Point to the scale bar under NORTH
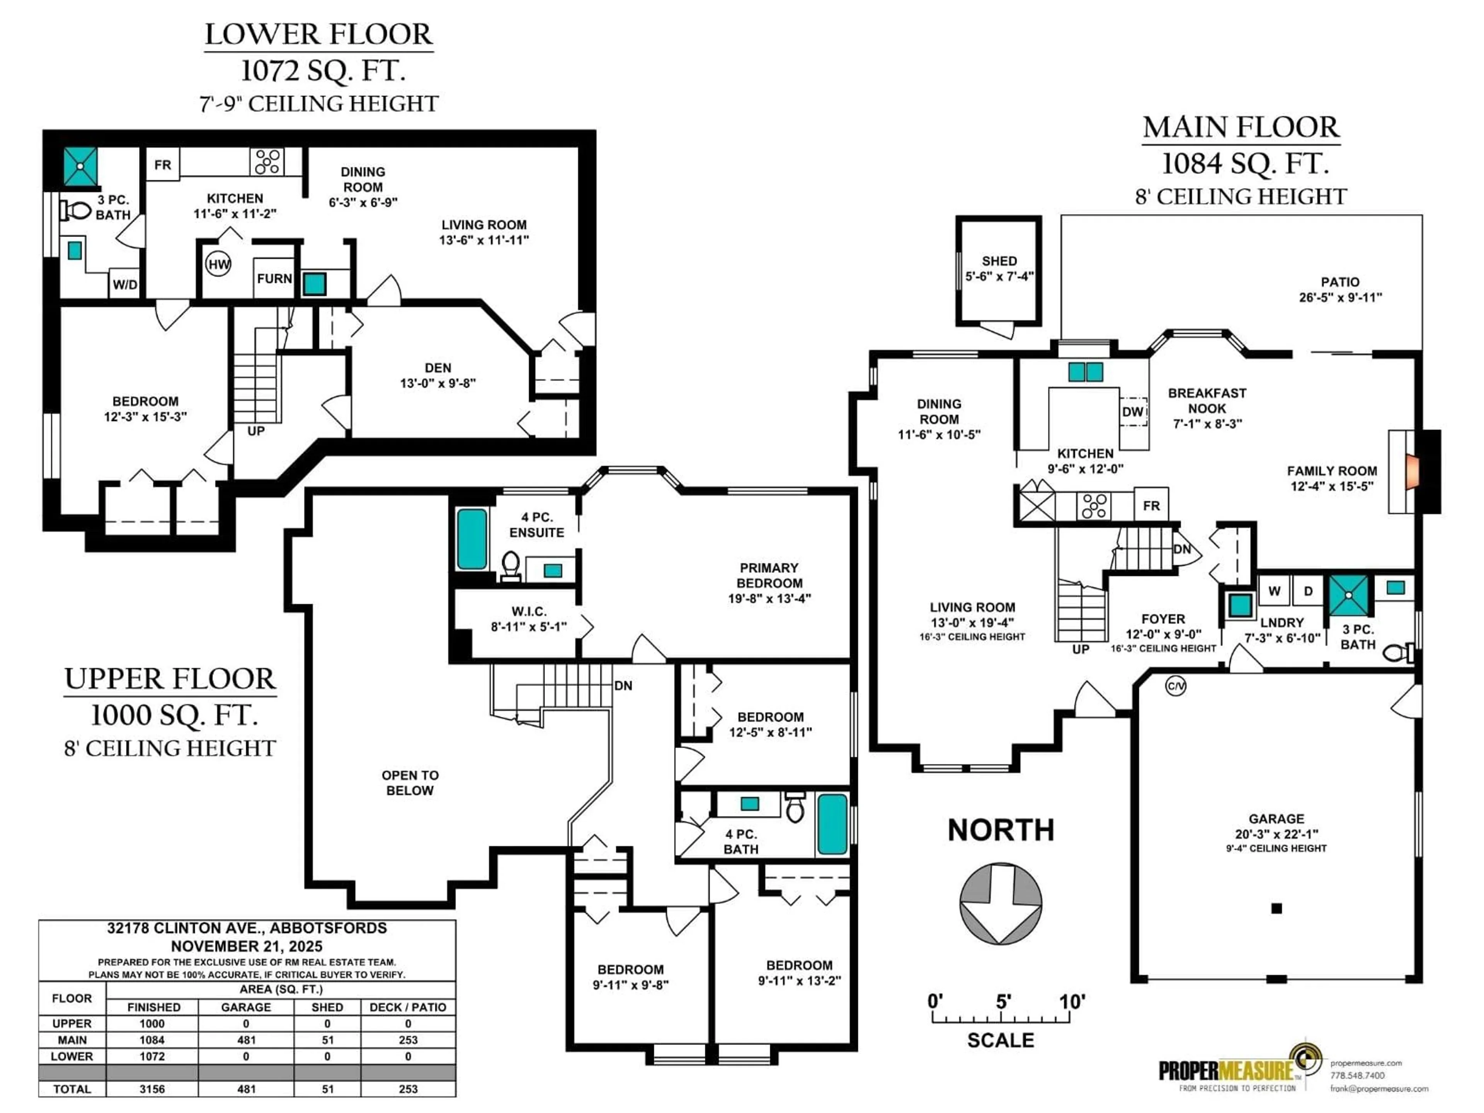click(1000, 1018)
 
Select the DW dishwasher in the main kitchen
click(1132, 411)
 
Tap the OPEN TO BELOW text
click(410, 782)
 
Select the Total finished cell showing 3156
click(152, 1089)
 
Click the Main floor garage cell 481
click(246, 1040)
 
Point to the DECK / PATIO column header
click(408, 1007)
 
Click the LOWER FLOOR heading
click(319, 35)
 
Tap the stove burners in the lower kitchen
click(267, 162)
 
